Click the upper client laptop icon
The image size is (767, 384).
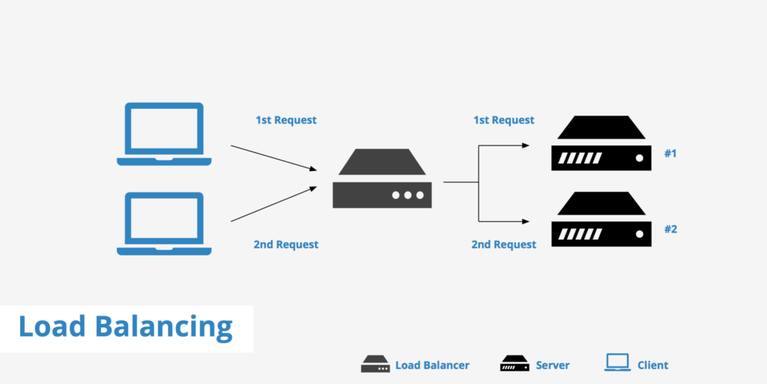tap(164, 133)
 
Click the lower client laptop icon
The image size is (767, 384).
tap(164, 223)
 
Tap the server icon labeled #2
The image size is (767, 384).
tap(599, 219)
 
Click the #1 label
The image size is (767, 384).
tap(670, 154)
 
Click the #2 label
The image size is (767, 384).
tap(670, 229)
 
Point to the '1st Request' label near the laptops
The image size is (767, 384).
tap(286, 120)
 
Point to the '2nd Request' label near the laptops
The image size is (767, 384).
tap(286, 244)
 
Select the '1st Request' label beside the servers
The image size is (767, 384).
tap(504, 120)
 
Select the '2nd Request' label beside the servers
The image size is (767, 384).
tap(504, 244)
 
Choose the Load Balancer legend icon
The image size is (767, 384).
tap(375, 364)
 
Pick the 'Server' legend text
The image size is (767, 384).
tap(553, 365)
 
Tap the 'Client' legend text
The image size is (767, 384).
tap(652, 365)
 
